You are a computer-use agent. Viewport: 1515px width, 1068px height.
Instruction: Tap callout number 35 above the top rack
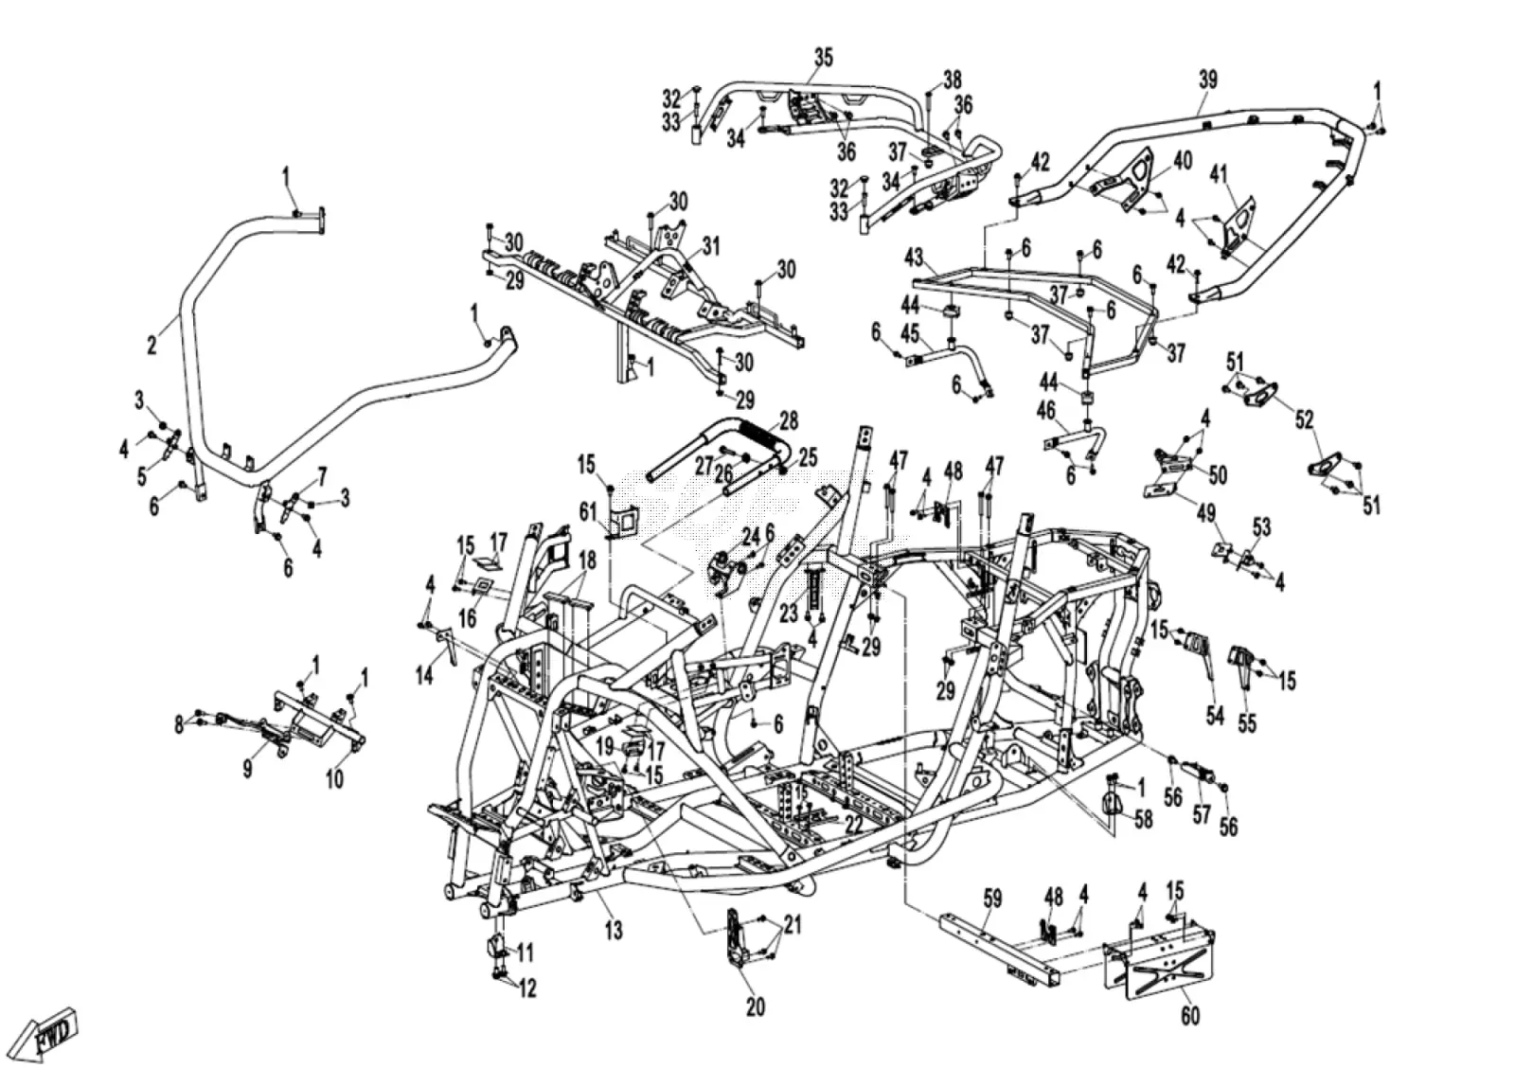(x=823, y=58)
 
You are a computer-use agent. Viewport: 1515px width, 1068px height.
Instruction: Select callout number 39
(x=1208, y=80)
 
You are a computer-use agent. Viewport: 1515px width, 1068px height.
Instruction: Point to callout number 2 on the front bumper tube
(x=151, y=345)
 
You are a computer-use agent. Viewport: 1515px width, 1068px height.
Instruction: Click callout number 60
(x=1189, y=1035)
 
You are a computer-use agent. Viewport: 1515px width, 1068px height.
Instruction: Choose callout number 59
(x=992, y=899)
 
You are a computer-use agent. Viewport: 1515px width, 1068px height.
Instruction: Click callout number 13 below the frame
(x=613, y=930)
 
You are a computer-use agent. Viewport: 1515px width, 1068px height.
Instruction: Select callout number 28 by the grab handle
(x=788, y=420)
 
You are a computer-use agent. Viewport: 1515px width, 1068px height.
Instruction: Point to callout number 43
(x=913, y=257)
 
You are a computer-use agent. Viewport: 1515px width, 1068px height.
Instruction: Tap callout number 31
(x=710, y=246)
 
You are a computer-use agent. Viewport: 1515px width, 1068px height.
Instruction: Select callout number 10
(x=335, y=779)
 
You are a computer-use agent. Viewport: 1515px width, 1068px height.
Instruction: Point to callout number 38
(x=953, y=80)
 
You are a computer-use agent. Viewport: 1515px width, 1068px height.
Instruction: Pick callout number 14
(x=424, y=674)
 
